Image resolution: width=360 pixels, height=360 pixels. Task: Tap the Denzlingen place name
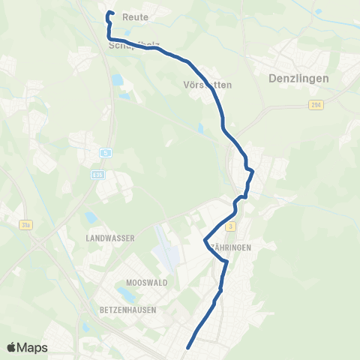pyautogui.click(x=298, y=77)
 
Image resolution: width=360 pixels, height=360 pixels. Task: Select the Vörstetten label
pyautogui.click(x=208, y=85)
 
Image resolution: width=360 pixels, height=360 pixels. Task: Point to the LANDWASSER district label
pyautogui.click(x=110, y=238)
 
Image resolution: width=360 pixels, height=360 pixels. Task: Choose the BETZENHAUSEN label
pyautogui.click(x=130, y=309)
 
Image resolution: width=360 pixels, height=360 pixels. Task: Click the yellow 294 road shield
pyautogui.click(x=316, y=106)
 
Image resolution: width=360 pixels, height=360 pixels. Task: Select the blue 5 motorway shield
pyautogui.click(x=106, y=154)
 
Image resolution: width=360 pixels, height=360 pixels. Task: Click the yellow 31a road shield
pyautogui.click(x=25, y=223)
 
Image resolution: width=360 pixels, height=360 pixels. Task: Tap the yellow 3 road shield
pyautogui.click(x=232, y=226)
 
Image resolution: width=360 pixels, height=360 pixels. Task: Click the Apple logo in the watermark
pyautogui.click(x=12, y=347)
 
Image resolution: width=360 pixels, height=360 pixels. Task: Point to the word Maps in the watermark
pyautogui.click(x=33, y=347)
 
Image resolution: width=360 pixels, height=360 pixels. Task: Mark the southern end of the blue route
pyautogui.click(x=187, y=347)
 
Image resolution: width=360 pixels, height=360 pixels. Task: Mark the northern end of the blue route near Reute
pyautogui.click(x=110, y=13)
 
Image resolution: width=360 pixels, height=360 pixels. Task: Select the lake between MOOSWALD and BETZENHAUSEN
pyautogui.click(x=124, y=295)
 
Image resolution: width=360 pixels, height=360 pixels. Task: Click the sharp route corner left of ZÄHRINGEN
pyautogui.click(x=205, y=241)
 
